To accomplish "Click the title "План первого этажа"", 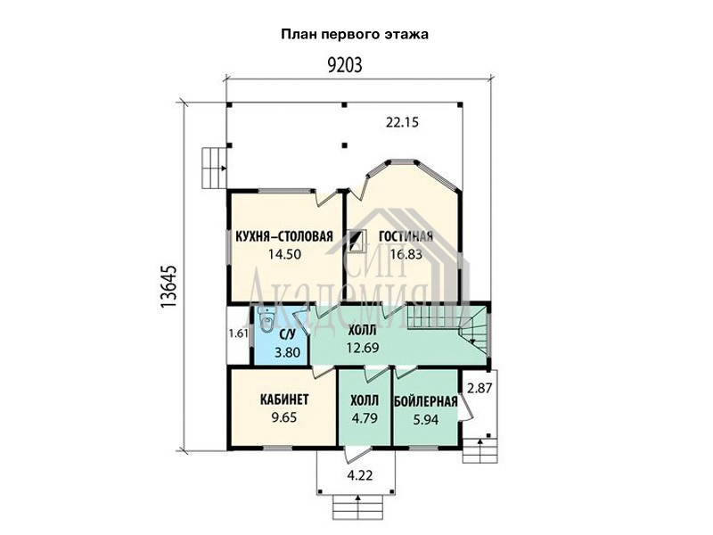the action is coord(355,35).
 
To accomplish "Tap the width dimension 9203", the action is coord(345,65).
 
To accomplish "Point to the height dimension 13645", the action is coord(168,286).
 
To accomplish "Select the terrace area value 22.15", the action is coord(402,122).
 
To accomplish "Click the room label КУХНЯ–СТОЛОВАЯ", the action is coord(284,236).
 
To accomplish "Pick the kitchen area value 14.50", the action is coord(284,254).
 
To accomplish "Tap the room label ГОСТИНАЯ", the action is coord(406,236).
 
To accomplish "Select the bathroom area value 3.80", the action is coord(287,352).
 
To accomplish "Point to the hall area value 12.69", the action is coord(363,348).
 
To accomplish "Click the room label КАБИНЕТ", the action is coord(284,399).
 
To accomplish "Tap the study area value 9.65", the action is coord(284,417).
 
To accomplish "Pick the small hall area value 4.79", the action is coord(365,417).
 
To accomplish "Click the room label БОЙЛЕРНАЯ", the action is coord(426,402).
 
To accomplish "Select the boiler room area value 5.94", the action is coord(426,419).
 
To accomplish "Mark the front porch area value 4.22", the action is coord(360,476).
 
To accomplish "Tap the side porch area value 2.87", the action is coord(479,389).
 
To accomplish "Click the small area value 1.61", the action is coord(238,333).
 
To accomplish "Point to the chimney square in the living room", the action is coord(357,241).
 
